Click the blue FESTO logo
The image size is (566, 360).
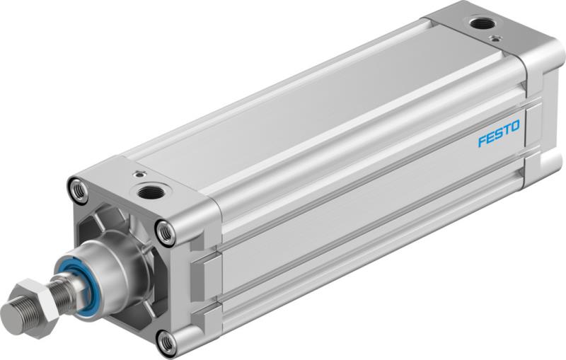coord(498,134)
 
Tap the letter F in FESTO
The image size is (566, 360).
coord(482,139)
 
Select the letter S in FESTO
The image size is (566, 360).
coord(497,134)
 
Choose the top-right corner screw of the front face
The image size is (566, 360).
coord(165,231)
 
